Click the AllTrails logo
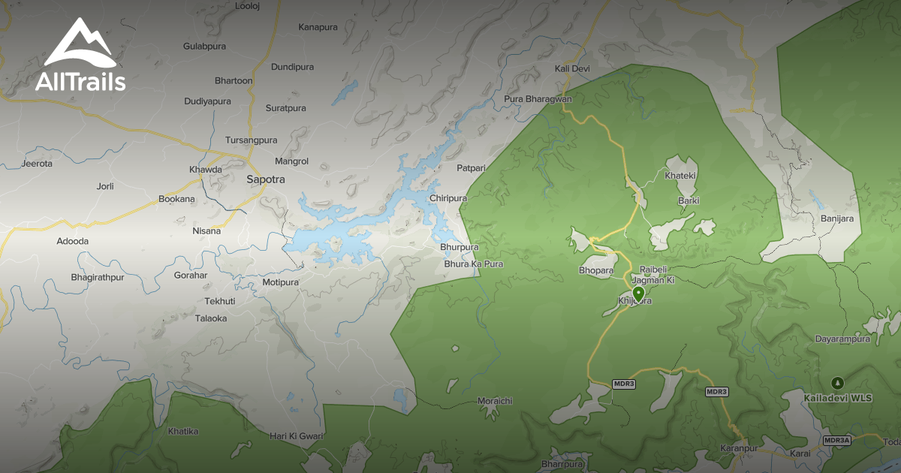point(80,56)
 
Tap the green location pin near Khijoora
point(638,293)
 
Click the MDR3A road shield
point(836,441)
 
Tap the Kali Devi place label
point(572,69)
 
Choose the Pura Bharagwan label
point(538,99)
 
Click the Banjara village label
point(836,218)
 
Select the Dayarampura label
point(842,339)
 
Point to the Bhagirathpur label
point(97,278)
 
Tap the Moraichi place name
point(495,401)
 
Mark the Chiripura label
point(448,198)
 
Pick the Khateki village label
point(681,176)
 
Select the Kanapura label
point(318,28)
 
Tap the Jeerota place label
point(38,164)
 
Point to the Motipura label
point(281,282)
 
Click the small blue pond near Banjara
point(815,199)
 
